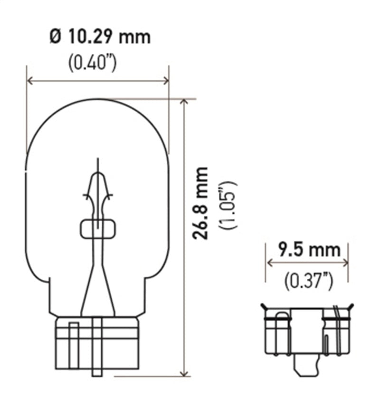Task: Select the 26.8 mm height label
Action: pos(202,203)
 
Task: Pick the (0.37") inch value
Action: pos(308,281)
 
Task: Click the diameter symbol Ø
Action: pos(55,37)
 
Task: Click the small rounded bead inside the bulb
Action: pos(97,229)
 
